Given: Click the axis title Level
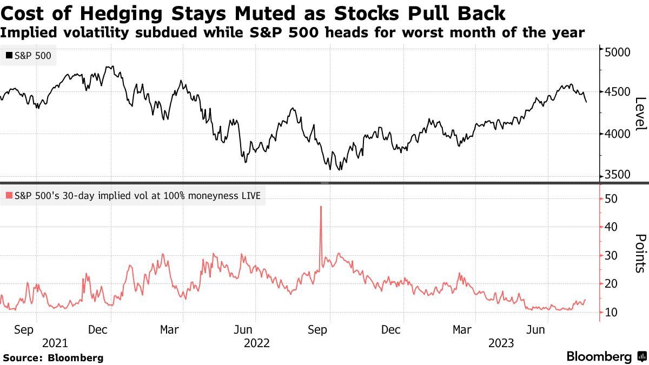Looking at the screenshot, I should pos(640,114).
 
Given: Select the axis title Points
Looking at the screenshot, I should pos(640,253).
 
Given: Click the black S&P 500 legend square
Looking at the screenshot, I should pos(9,55).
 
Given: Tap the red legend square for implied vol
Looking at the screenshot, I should pos(9,196).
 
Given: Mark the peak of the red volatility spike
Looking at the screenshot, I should pos(321,206).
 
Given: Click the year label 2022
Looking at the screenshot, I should pos(257,343).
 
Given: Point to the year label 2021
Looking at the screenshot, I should pos(55,343).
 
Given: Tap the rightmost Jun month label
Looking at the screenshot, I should pos(536,329).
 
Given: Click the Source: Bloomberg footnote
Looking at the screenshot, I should pos(53,357).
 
